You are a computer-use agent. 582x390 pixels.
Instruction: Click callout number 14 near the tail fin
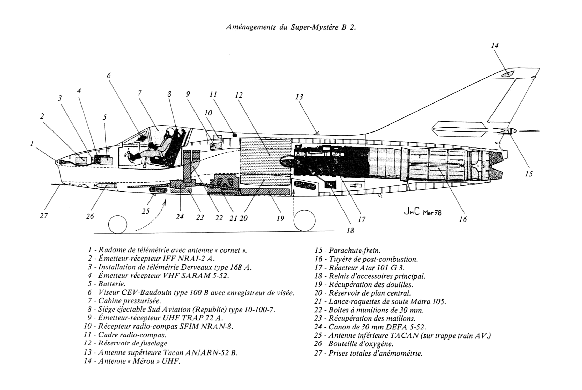495,46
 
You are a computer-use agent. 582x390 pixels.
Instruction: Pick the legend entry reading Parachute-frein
347,251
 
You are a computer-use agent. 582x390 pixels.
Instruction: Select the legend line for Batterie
107,284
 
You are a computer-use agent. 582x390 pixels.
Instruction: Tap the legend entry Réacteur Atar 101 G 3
360,268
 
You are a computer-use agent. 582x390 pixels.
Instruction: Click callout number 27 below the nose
44,215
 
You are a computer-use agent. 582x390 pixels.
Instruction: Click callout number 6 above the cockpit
109,76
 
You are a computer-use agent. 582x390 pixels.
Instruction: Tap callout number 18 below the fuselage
350,230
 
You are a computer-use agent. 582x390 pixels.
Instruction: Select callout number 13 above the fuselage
299,97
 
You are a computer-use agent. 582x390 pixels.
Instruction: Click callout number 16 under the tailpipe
463,219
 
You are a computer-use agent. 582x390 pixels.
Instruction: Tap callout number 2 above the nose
42,116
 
